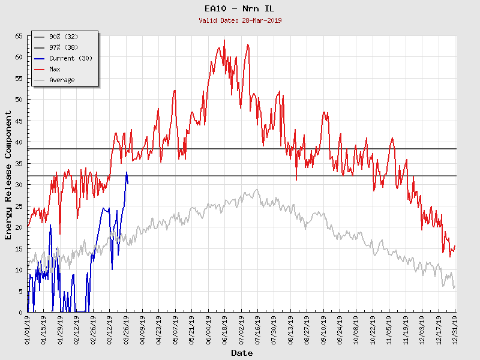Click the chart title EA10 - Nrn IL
point(240,9)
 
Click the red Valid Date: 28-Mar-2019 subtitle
point(240,20)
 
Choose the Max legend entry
point(55,69)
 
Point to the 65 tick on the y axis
point(19,36)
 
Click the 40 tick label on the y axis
point(19,142)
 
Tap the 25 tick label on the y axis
point(19,206)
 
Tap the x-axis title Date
point(242,353)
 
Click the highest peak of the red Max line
point(224,40)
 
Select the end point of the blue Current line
point(128,183)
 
